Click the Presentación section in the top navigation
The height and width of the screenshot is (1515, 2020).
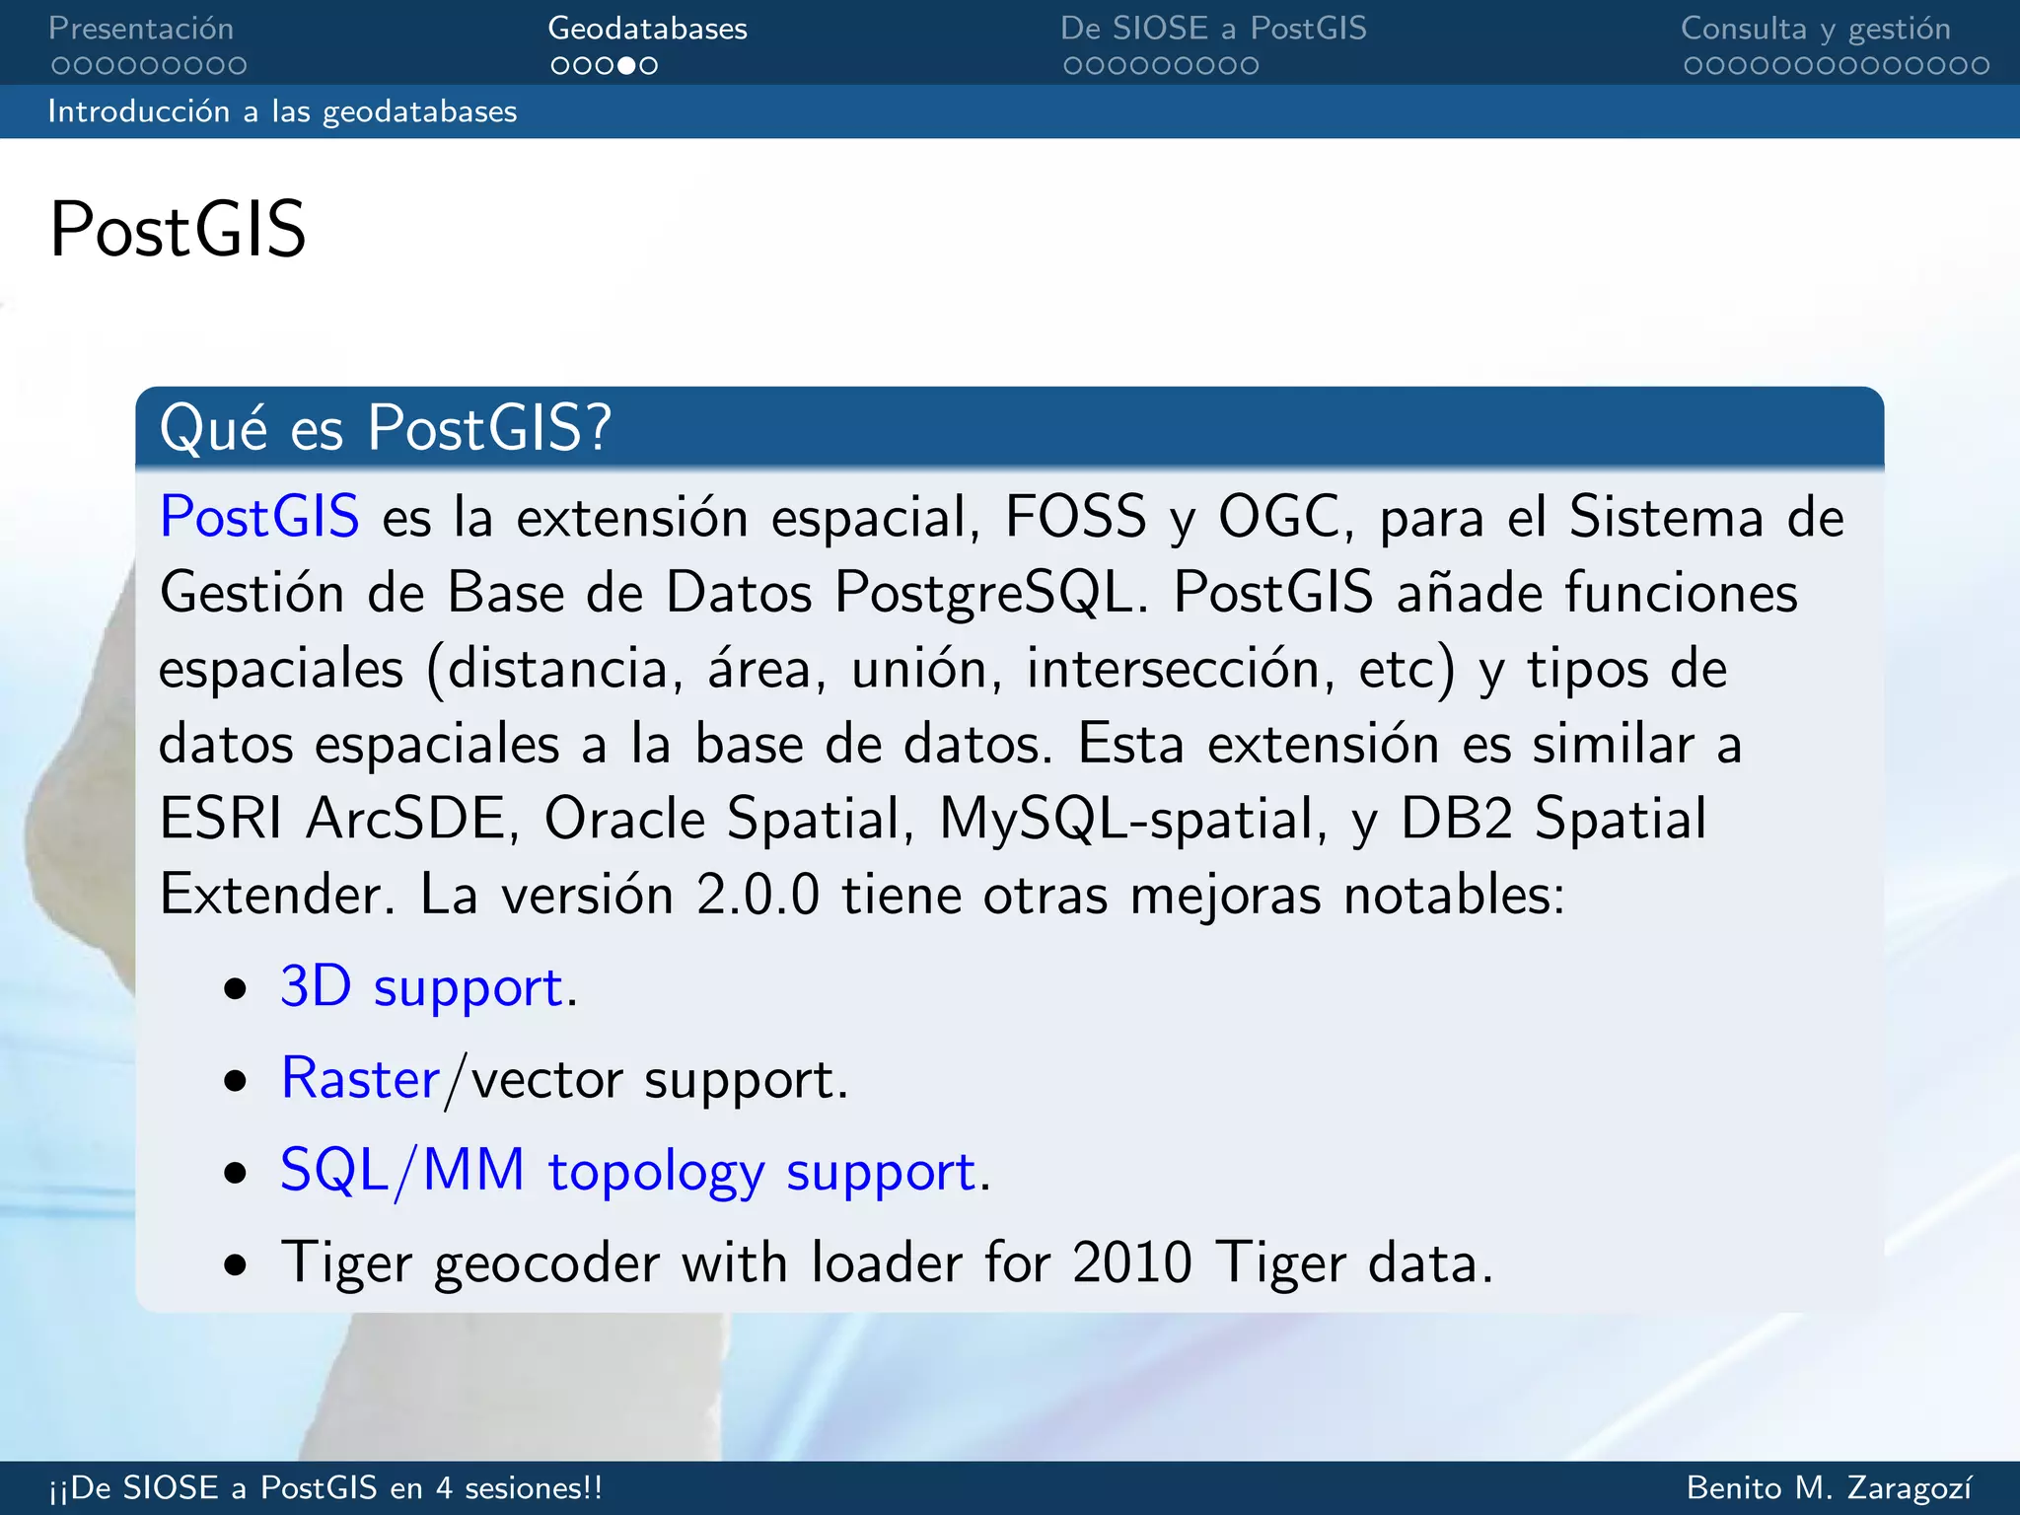(x=141, y=29)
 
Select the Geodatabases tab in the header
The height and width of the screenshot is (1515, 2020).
(x=647, y=29)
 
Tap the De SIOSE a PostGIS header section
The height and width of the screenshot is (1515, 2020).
(x=1213, y=29)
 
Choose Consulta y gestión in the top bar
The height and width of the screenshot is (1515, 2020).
(x=1815, y=29)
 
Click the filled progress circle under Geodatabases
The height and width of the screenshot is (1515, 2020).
(x=626, y=66)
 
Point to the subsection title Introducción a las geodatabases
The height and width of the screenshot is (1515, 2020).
(x=282, y=111)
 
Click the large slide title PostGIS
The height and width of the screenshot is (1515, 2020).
(x=179, y=230)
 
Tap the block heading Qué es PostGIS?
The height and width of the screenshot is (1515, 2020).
(x=386, y=428)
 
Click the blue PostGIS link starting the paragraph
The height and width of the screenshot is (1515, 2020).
(x=259, y=516)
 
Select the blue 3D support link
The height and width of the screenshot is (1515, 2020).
(x=421, y=986)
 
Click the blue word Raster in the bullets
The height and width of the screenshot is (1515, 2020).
(x=360, y=1078)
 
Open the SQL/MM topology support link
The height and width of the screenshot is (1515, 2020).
(x=627, y=1171)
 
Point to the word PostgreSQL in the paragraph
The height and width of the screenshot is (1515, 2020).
(x=983, y=594)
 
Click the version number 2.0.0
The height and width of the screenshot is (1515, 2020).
(x=757, y=895)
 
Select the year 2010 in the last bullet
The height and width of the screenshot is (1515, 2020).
(x=1131, y=1262)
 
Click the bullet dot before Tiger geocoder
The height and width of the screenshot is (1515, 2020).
(x=235, y=1263)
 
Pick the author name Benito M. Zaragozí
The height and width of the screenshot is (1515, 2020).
(x=1830, y=1487)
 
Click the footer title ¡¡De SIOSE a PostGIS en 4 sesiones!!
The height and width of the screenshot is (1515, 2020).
(x=325, y=1487)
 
